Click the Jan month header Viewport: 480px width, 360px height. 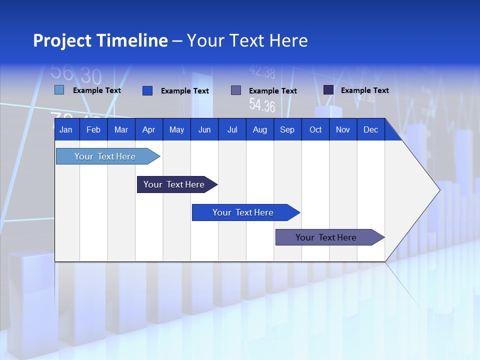(66, 129)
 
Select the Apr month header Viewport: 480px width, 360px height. (148, 129)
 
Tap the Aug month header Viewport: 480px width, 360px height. (259, 129)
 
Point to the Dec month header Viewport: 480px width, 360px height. (370, 129)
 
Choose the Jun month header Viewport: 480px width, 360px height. (204, 129)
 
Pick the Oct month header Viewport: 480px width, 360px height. (315, 129)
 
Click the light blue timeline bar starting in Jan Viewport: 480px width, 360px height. (105, 156)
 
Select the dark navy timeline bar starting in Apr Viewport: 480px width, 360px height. (174, 184)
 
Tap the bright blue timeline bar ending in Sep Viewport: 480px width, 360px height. (243, 212)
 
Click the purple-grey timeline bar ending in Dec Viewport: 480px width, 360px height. (326, 237)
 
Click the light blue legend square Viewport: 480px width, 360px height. (59, 90)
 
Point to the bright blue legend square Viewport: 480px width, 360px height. (147, 90)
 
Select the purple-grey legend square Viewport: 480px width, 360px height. (235, 90)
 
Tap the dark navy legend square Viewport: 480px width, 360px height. (328, 89)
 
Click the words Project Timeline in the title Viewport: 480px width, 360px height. (100, 40)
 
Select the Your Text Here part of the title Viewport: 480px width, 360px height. (247, 40)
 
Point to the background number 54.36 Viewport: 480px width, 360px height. (262, 105)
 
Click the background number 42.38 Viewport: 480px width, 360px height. (262, 73)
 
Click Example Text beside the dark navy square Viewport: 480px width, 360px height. (364, 90)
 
